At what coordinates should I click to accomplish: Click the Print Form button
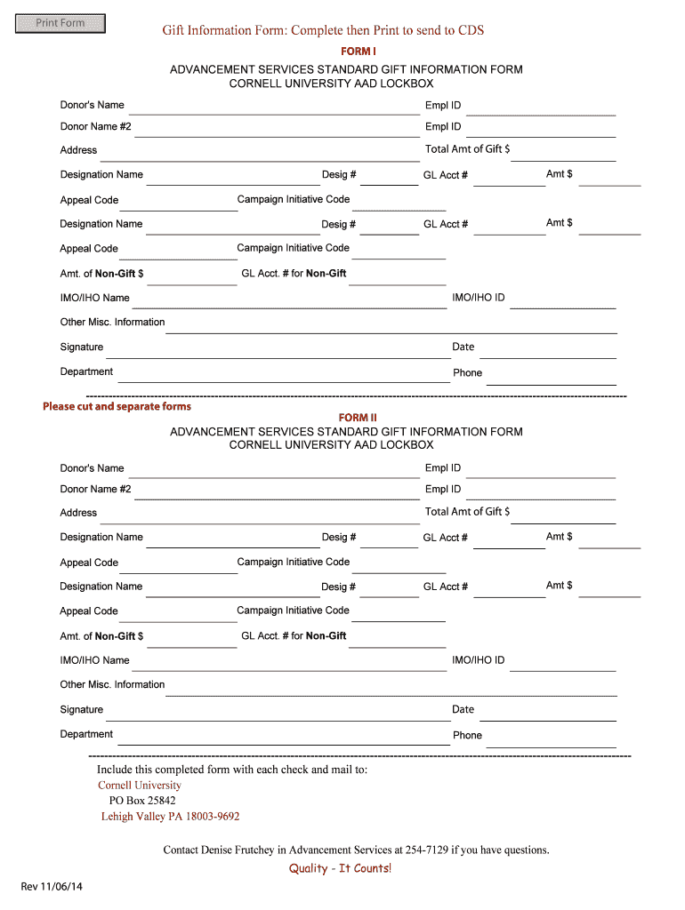[60, 23]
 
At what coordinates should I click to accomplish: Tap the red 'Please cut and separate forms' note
[117, 406]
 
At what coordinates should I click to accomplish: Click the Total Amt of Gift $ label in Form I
[467, 149]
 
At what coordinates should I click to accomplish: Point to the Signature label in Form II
[81, 709]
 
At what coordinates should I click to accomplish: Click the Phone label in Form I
[467, 372]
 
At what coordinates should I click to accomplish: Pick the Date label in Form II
[463, 709]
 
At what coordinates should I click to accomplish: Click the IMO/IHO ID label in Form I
[478, 297]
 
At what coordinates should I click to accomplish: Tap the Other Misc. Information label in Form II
[112, 684]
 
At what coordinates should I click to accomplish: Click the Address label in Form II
[78, 513]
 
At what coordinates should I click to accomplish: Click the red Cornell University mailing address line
[139, 785]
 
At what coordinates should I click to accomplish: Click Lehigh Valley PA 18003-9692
[170, 816]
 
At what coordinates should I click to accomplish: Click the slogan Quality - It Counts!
[340, 868]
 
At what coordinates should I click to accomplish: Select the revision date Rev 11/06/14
[52, 886]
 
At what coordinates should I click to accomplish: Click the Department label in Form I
[86, 371]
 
